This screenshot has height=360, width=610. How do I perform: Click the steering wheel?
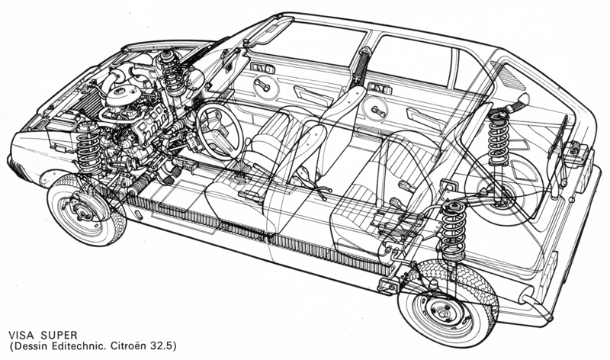(x=219, y=129)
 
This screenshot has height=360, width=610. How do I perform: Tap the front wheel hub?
(x=82, y=211)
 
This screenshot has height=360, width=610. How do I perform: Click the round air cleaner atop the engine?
(x=123, y=95)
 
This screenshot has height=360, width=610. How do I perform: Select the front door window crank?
(x=263, y=85)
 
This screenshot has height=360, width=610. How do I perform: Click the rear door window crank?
(x=377, y=111)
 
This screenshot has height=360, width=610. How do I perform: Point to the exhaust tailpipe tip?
(x=547, y=314)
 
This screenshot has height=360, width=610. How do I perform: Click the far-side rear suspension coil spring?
(x=498, y=131)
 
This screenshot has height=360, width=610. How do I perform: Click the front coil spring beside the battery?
(x=88, y=146)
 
